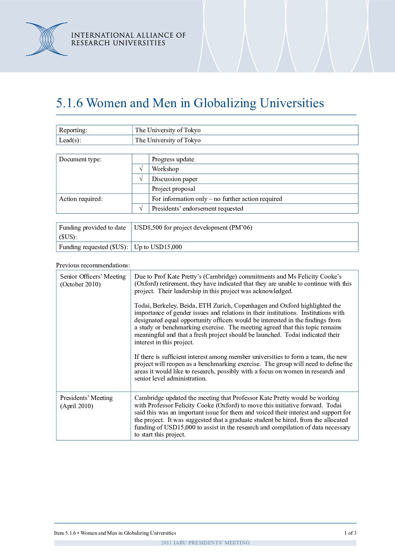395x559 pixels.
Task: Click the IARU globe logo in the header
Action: [x=47, y=39]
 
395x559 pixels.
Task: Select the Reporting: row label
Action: [x=73, y=130]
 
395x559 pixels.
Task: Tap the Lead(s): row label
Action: [x=70, y=140]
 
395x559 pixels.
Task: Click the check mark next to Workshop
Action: [x=141, y=169]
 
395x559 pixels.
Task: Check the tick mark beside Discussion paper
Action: [x=141, y=179]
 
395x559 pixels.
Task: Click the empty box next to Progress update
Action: [x=141, y=159]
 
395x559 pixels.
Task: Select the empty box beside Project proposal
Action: [x=141, y=189]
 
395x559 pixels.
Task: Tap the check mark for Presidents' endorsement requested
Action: [x=141, y=208]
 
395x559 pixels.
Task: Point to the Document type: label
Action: [x=80, y=159]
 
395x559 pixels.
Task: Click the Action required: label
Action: [x=81, y=199]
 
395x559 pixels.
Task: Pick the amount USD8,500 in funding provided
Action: [x=148, y=227]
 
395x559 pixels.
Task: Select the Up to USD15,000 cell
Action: [x=158, y=247]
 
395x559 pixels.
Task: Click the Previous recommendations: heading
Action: [x=93, y=265]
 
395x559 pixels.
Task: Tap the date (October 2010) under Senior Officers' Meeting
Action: [x=80, y=285]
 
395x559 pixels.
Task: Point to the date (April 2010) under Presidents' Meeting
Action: [x=77, y=406]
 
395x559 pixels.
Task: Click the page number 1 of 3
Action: [x=350, y=533]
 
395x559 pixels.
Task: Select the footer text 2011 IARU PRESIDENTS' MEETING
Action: [x=205, y=543]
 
